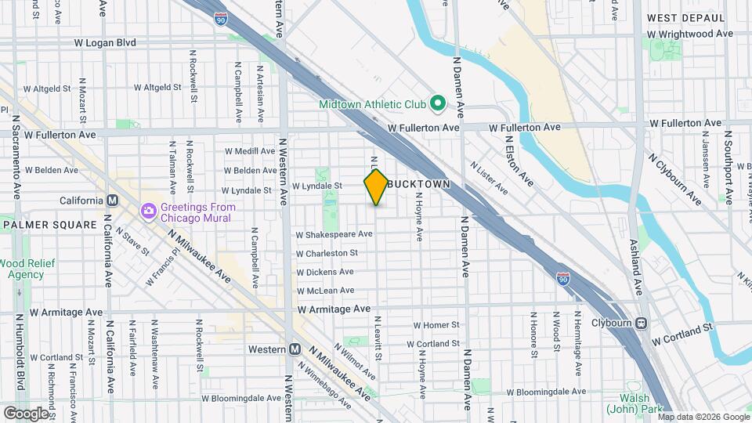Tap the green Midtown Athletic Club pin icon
click(x=439, y=103)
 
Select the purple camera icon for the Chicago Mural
click(x=147, y=211)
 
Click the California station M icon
click(x=113, y=201)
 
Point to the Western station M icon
click(x=295, y=349)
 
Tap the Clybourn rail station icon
click(x=642, y=322)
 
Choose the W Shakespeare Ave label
click(x=334, y=234)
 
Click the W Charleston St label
click(x=327, y=253)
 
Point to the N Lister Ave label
click(x=489, y=178)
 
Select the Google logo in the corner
click(x=25, y=413)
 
